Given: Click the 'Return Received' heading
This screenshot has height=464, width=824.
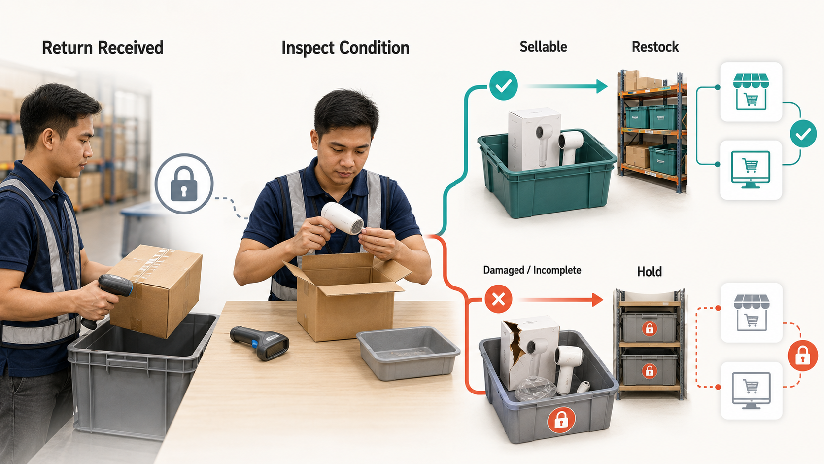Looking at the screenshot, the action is coord(103,48).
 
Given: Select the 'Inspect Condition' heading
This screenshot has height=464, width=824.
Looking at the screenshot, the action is coord(345,48).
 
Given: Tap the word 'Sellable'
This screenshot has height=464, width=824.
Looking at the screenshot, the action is coord(543,47).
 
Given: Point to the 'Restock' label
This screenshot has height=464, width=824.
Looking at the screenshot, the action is coord(655,47).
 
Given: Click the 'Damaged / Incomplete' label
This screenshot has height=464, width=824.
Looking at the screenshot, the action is coord(532,270).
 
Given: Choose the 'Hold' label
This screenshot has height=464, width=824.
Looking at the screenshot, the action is coord(649,272).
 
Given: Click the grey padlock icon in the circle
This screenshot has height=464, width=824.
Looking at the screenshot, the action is coord(184,183).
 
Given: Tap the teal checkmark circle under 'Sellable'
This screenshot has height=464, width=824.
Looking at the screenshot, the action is coord(504,85).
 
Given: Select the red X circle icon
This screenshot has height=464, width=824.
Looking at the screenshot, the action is coord(498,299).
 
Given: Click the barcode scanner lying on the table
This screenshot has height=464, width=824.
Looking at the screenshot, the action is coord(260,342).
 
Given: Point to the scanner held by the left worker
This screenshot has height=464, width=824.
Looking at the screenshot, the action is coord(107,298).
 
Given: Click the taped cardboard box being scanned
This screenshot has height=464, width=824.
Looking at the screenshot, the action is coord(156,290).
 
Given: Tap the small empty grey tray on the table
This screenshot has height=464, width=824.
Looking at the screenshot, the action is coord(408,353).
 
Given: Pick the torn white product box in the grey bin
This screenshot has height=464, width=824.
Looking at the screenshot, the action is coord(529,352).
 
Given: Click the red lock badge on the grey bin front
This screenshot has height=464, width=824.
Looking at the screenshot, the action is coord(561,420).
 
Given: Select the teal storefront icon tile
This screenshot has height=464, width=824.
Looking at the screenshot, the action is coord(751,92).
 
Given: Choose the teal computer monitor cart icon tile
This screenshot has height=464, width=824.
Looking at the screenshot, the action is coord(751,170).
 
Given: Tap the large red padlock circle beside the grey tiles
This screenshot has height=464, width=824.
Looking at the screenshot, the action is coord(803,355).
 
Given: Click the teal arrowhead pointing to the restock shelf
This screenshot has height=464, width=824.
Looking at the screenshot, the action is coord(602,86).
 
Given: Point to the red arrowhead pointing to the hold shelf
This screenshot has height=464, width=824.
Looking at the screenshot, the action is coord(597,300).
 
